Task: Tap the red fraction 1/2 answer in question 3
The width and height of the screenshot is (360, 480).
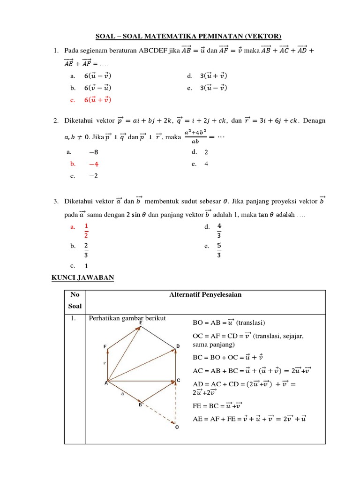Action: pos(86,230)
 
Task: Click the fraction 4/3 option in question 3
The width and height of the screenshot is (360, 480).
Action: pos(219,230)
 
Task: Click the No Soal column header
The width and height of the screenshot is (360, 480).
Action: pos(75,300)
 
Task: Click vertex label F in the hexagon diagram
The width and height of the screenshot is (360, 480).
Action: pos(105,346)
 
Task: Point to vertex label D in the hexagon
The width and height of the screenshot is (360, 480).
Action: pos(178,346)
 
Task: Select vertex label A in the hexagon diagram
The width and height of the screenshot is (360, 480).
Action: pos(105,382)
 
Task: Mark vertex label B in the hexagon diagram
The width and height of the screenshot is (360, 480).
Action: pos(140,405)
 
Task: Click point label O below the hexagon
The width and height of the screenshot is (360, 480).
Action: pos(176,433)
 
